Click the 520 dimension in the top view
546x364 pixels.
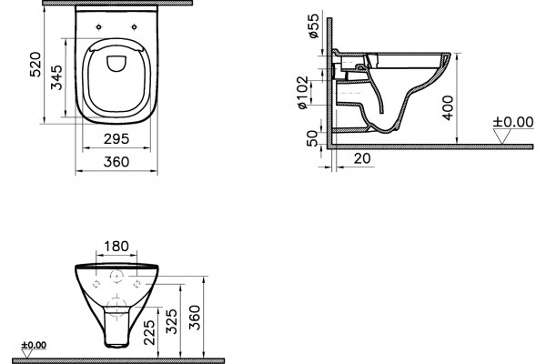point(35,65)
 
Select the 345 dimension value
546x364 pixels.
point(56,77)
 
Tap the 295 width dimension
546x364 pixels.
point(116,139)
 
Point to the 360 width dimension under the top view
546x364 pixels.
point(116,162)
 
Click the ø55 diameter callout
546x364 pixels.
point(313,25)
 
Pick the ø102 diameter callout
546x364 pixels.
point(303,92)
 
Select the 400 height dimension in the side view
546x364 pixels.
point(448,107)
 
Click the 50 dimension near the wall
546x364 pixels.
point(312,138)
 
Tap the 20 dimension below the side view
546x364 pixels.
point(362,158)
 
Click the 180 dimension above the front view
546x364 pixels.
point(116,247)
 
